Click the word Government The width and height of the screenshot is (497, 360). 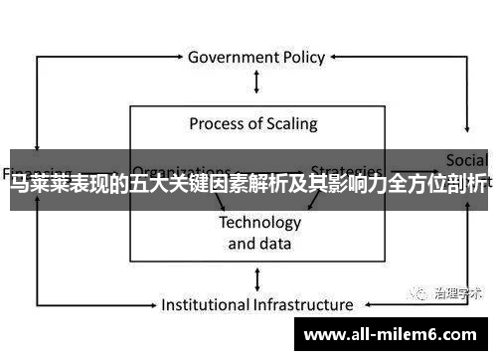coord(232,57)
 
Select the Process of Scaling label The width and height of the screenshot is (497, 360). coord(253,124)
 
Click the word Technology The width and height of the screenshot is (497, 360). coord(259,222)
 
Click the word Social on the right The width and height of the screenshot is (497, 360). coord(466,160)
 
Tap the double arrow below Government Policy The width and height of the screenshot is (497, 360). coord(256,83)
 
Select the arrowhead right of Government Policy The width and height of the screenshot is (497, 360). coord(338,57)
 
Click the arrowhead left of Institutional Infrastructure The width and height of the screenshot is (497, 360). coord(151,304)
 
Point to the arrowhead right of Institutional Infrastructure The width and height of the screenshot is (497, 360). coord(364,304)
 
